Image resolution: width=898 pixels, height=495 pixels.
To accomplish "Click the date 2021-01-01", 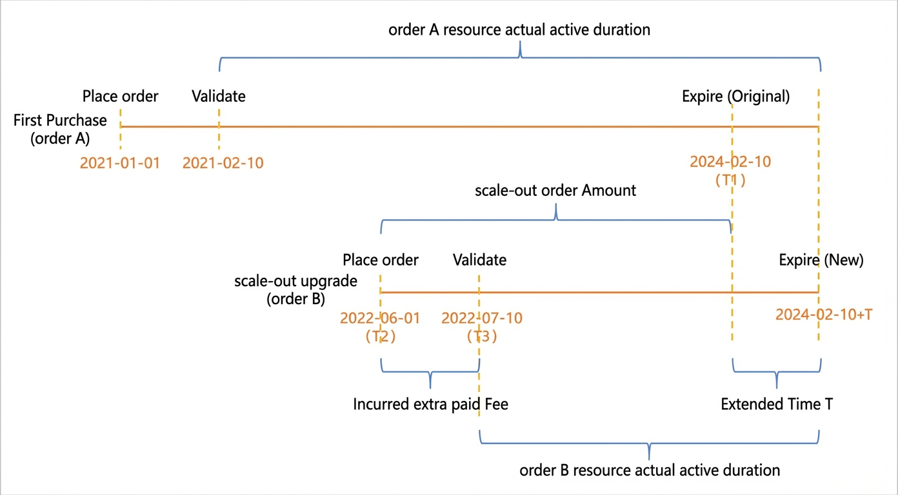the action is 120,163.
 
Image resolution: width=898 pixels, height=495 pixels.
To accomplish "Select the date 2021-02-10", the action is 223,163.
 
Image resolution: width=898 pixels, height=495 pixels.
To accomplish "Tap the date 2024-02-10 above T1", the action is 730,162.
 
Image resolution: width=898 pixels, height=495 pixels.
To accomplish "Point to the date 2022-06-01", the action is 380,318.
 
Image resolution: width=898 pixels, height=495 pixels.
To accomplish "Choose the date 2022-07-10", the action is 482,318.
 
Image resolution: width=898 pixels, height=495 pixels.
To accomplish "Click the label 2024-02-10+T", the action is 824,315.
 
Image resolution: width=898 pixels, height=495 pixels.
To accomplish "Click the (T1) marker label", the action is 730,180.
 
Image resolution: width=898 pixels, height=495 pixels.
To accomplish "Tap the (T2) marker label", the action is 381,336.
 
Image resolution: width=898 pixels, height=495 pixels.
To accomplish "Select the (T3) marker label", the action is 482,336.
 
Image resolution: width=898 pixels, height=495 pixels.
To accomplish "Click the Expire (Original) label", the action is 736,96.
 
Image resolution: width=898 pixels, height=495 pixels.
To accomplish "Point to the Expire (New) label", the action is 821,260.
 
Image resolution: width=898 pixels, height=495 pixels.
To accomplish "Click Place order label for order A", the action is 120,96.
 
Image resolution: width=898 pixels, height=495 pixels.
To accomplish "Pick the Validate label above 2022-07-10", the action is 479,260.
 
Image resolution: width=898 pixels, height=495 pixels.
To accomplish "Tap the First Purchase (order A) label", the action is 60,129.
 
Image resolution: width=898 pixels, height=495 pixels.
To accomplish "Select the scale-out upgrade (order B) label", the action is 296,289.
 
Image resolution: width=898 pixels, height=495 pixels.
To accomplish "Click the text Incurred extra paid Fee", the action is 430,404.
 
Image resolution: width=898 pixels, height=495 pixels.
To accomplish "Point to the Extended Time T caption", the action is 777,404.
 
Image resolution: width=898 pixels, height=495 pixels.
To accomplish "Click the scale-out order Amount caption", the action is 555,190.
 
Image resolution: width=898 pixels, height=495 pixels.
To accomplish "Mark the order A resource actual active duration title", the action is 519,30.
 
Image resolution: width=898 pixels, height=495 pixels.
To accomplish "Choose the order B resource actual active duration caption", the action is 650,470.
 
